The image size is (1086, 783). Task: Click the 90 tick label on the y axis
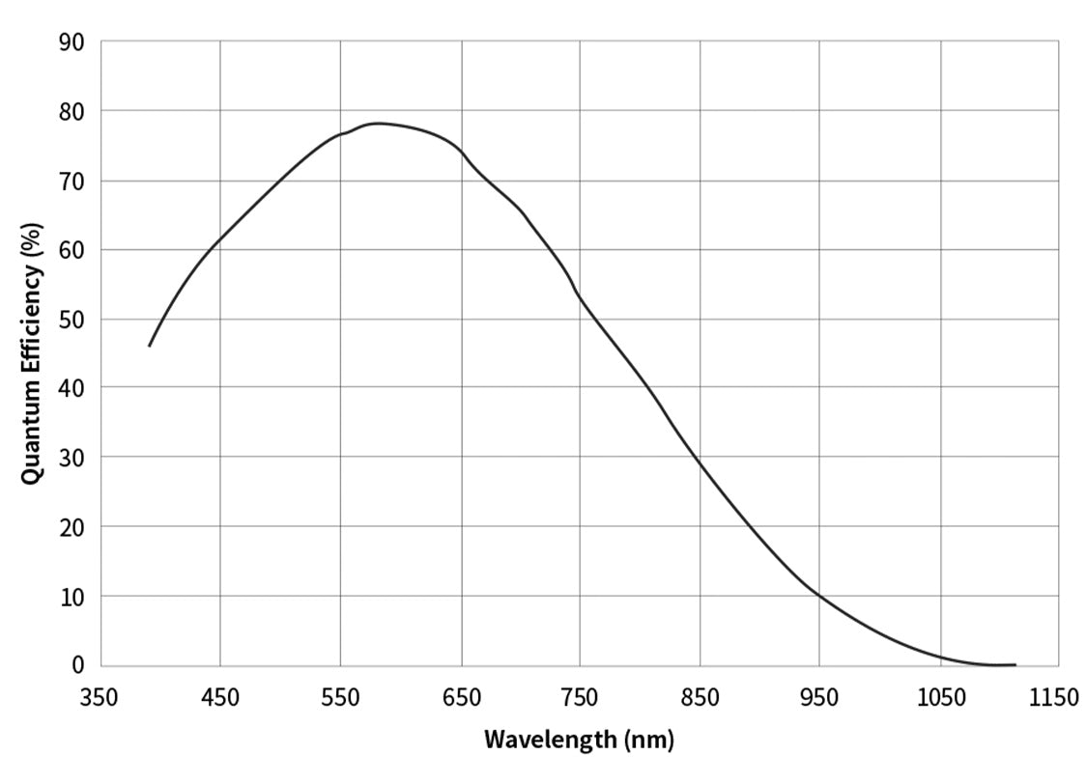tap(72, 42)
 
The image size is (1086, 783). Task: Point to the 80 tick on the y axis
tap(72, 112)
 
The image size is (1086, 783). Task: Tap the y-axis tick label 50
tap(72, 320)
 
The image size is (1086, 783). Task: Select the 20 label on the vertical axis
tap(72, 527)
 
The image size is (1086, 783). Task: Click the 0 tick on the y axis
tap(78, 665)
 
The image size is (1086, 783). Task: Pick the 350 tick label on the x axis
tap(100, 698)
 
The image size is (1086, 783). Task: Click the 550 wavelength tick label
tap(340, 698)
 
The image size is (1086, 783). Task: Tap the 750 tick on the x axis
tap(580, 698)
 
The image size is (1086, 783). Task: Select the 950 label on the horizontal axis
tap(819, 698)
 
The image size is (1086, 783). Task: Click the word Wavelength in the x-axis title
tap(548, 741)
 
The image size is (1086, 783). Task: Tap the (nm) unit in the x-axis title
tap(648, 741)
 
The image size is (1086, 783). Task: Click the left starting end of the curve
tap(150, 345)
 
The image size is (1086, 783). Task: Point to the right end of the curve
tap(1015, 664)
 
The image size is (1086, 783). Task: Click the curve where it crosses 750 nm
tap(580, 296)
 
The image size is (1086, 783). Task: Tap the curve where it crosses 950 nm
tap(819, 595)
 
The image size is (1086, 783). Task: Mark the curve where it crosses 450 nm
tap(220, 238)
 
